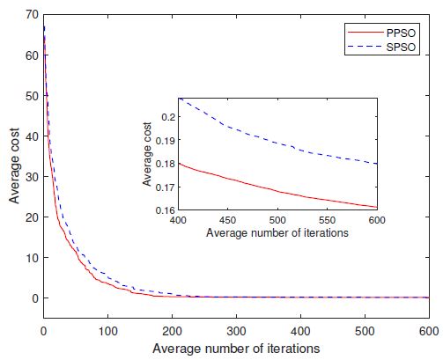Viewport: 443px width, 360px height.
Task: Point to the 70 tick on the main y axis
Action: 31,14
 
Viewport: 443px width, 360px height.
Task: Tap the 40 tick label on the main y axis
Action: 31,136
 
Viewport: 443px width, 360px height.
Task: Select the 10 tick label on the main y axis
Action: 31,257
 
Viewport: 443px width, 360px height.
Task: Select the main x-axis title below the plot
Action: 236,348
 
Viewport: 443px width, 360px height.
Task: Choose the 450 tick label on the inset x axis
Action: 228,220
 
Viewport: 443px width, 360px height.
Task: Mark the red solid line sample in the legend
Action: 361,30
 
